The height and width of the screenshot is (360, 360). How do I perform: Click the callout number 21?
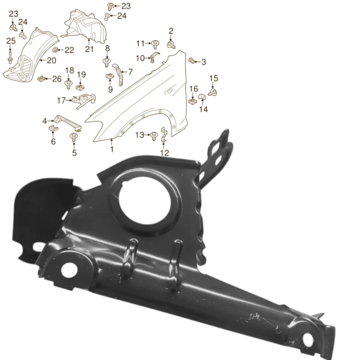89,49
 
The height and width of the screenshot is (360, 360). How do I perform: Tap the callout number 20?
52,60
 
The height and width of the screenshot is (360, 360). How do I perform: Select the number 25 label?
11,41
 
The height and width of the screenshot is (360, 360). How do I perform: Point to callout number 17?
61,101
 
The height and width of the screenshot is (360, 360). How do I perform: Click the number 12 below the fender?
165,153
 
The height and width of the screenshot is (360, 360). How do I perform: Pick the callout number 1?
112,149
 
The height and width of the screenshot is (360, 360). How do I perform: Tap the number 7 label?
131,72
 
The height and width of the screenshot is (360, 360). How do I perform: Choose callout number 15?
214,78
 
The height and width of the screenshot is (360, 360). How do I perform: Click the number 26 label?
57,79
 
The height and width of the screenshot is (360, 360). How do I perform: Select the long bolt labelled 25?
10,58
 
